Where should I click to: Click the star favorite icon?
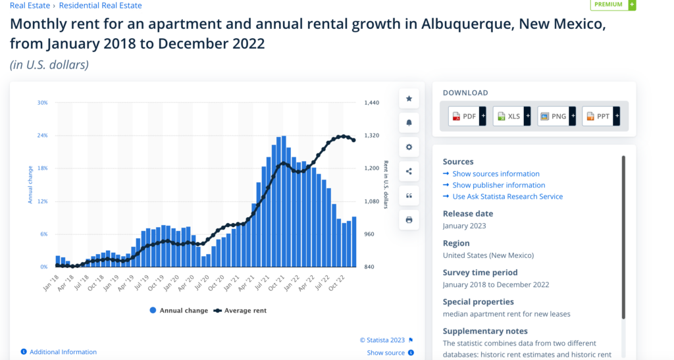pyautogui.click(x=409, y=99)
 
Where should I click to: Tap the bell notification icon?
pyautogui.click(x=409, y=123)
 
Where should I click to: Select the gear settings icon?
pyautogui.click(x=409, y=147)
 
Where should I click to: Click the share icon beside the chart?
pyautogui.click(x=409, y=172)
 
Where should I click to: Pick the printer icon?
pyautogui.click(x=409, y=220)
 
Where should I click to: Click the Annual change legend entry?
pyautogui.click(x=179, y=311)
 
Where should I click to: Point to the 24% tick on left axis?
pyautogui.click(x=42, y=136)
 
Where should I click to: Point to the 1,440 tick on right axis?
pyautogui.click(x=373, y=103)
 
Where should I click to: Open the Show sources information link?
pyautogui.click(x=495, y=174)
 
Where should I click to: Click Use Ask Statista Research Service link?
pyautogui.click(x=507, y=196)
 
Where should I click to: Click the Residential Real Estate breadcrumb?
pyautogui.click(x=100, y=5)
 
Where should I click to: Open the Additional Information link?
pyautogui.click(x=63, y=352)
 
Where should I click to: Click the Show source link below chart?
pyautogui.click(x=386, y=353)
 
